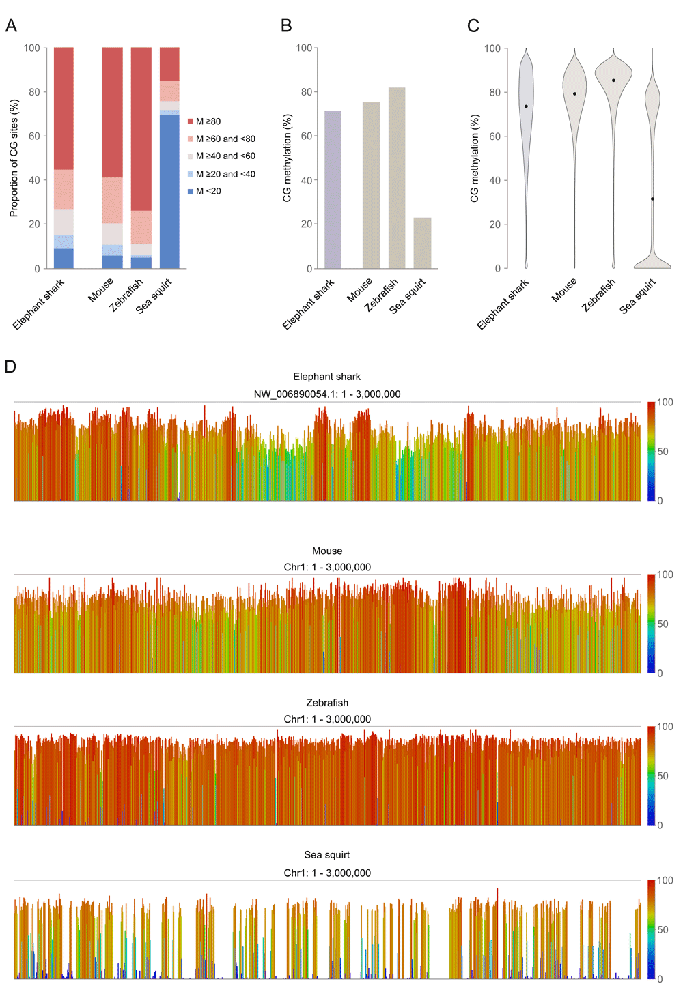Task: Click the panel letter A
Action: pyautogui.click(x=11, y=26)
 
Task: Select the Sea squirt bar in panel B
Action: pyautogui.click(x=422, y=243)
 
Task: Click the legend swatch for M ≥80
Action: pyautogui.click(x=191, y=121)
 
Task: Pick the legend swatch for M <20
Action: pyautogui.click(x=191, y=192)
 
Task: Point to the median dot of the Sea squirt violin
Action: pyautogui.click(x=652, y=199)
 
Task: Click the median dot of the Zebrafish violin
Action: pyautogui.click(x=613, y=81)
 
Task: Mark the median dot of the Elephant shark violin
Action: pyautogui.click(x=526, y=106)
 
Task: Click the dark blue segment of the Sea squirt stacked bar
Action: pyautogui.click(x=169, y=192)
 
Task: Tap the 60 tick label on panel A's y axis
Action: pyautogui.click(x=34, y=136)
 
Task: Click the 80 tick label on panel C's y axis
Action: pyautogui.click(x=494, y=92)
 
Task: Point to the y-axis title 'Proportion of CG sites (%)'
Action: pyautogui.click(x=14, y=158)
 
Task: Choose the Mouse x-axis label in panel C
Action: pyautogui.click(x=564, y=290)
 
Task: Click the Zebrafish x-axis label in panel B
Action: pyautogui.click(x=381, y=295)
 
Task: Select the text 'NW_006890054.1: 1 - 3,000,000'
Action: pyautogui.click(x=327, y=394)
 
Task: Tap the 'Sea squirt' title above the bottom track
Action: pyautogui.click(x=327, y=855)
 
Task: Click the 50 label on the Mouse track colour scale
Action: pyautogui.click(x=663, y=624)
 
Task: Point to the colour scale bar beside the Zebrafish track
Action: pyautogui.click(x=651, y=776)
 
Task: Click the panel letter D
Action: pyautogui.click(x=10, y=367)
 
